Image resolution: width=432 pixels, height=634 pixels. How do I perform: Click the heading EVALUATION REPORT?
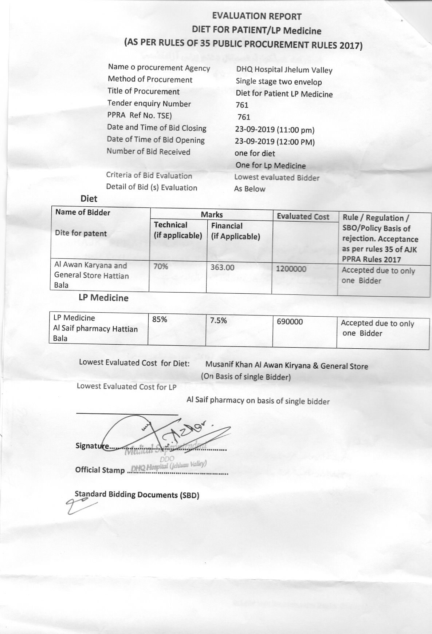[x=257, y=16]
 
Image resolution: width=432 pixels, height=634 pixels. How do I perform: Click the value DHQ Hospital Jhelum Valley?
[x=284, y=70]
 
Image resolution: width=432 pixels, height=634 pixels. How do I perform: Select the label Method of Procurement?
[x=150, y=79]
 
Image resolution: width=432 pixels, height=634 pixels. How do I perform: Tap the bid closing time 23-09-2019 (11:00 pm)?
[x=275, y=130]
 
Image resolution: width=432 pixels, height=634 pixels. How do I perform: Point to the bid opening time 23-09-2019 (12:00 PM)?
[x=275, y=142]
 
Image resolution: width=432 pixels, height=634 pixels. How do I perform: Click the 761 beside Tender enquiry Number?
[x=242, y=105]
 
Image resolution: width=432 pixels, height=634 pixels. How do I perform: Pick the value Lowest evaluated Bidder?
[x=276, y=178]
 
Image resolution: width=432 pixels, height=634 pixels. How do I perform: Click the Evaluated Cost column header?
[x=303, y=217]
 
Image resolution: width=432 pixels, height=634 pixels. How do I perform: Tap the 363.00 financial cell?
[x=222, y=268]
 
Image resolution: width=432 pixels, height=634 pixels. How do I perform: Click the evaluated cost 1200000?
[x=291, y=269]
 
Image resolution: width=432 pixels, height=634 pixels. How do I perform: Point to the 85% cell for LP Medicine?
[x=160, y=320]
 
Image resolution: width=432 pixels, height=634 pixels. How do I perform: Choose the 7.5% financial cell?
[x=218, y=320]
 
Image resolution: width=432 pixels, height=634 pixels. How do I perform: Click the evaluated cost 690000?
[x=290, y=322]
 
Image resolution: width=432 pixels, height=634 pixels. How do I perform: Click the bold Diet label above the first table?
[x=89, y=199]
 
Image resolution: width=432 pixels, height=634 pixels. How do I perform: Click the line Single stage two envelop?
[x=279, y=82]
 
